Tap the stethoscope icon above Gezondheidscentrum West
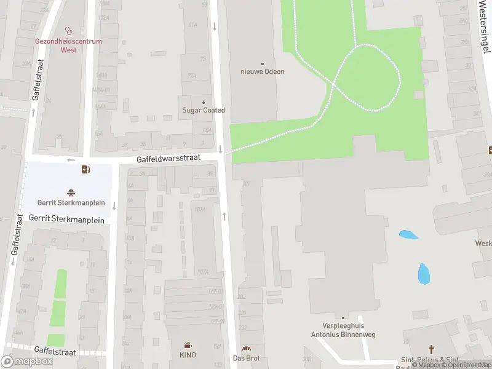pos(69,30)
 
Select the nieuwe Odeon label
pos(262,71)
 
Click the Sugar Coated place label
pos(204,110)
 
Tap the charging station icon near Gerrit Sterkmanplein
pos(85,170)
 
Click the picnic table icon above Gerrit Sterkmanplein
pos(71,192)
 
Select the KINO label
pos(188,355)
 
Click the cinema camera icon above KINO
pos(188,346)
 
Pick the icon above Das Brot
pos(246,349)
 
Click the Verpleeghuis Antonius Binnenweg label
pos(349,330)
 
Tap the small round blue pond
pos(408,234)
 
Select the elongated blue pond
pos(424,274)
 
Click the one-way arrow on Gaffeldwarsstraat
pos(71,160)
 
